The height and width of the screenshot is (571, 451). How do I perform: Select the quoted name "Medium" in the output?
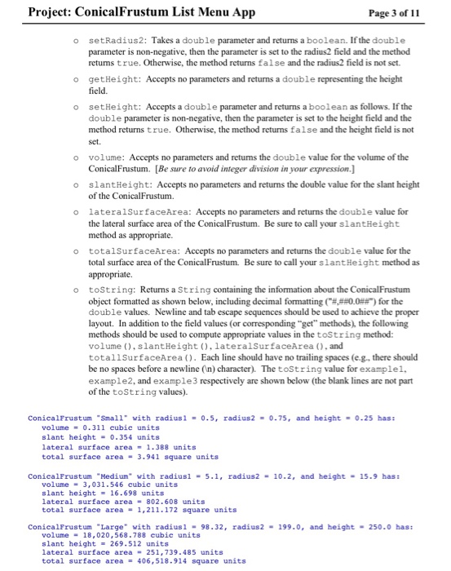109,475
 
